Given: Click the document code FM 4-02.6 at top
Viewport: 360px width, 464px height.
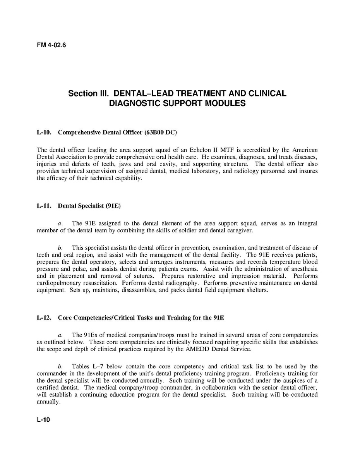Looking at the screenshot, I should point(51,45).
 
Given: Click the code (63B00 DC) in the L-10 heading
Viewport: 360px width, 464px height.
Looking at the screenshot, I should point(160,132).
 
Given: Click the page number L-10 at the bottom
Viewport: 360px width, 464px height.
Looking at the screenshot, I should point(43,419).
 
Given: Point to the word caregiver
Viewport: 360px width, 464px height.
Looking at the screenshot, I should point(239,230).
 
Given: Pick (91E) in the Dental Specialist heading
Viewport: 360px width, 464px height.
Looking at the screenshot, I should point(113,206).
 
